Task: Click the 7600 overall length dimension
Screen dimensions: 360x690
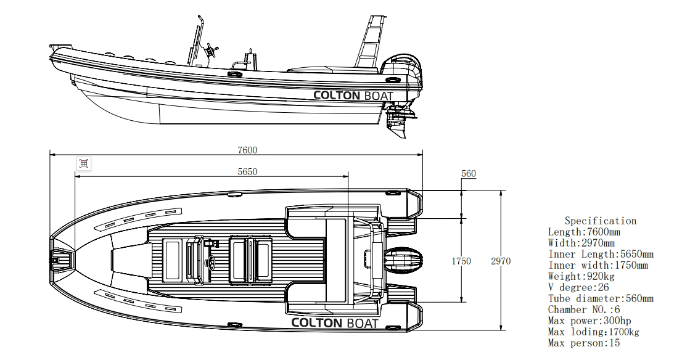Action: pyautogui.click(x=247, y=150)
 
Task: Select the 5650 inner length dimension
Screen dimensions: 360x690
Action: pyautogui.click(x=247, y=172)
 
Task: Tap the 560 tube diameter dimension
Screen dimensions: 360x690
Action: pyautogui.click(x=469, y=174)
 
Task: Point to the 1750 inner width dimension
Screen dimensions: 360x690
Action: pyautogui.click(x=461, y=261)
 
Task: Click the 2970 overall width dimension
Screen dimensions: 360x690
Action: pyautogui.click(x=500, y=261)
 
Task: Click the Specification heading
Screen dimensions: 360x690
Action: pyautogui.click(x=600, y=221)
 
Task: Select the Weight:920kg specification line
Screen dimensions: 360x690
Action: pyautogui.click(x=581, y=276)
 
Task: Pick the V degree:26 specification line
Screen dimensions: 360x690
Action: pyautogui.click(x=578, y=287)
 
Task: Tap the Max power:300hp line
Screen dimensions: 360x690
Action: pyautogui.click(x=589, y=321)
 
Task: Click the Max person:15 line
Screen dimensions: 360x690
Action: pyautogui.click(x=583, y=343)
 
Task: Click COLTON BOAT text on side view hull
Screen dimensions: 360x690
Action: pyautogui.click(x=353, y=95)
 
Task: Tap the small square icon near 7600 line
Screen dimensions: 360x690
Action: pyautogui.click(x=84, y=163)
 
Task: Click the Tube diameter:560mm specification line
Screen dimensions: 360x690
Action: pyautogui.click(x=600, y=298)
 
